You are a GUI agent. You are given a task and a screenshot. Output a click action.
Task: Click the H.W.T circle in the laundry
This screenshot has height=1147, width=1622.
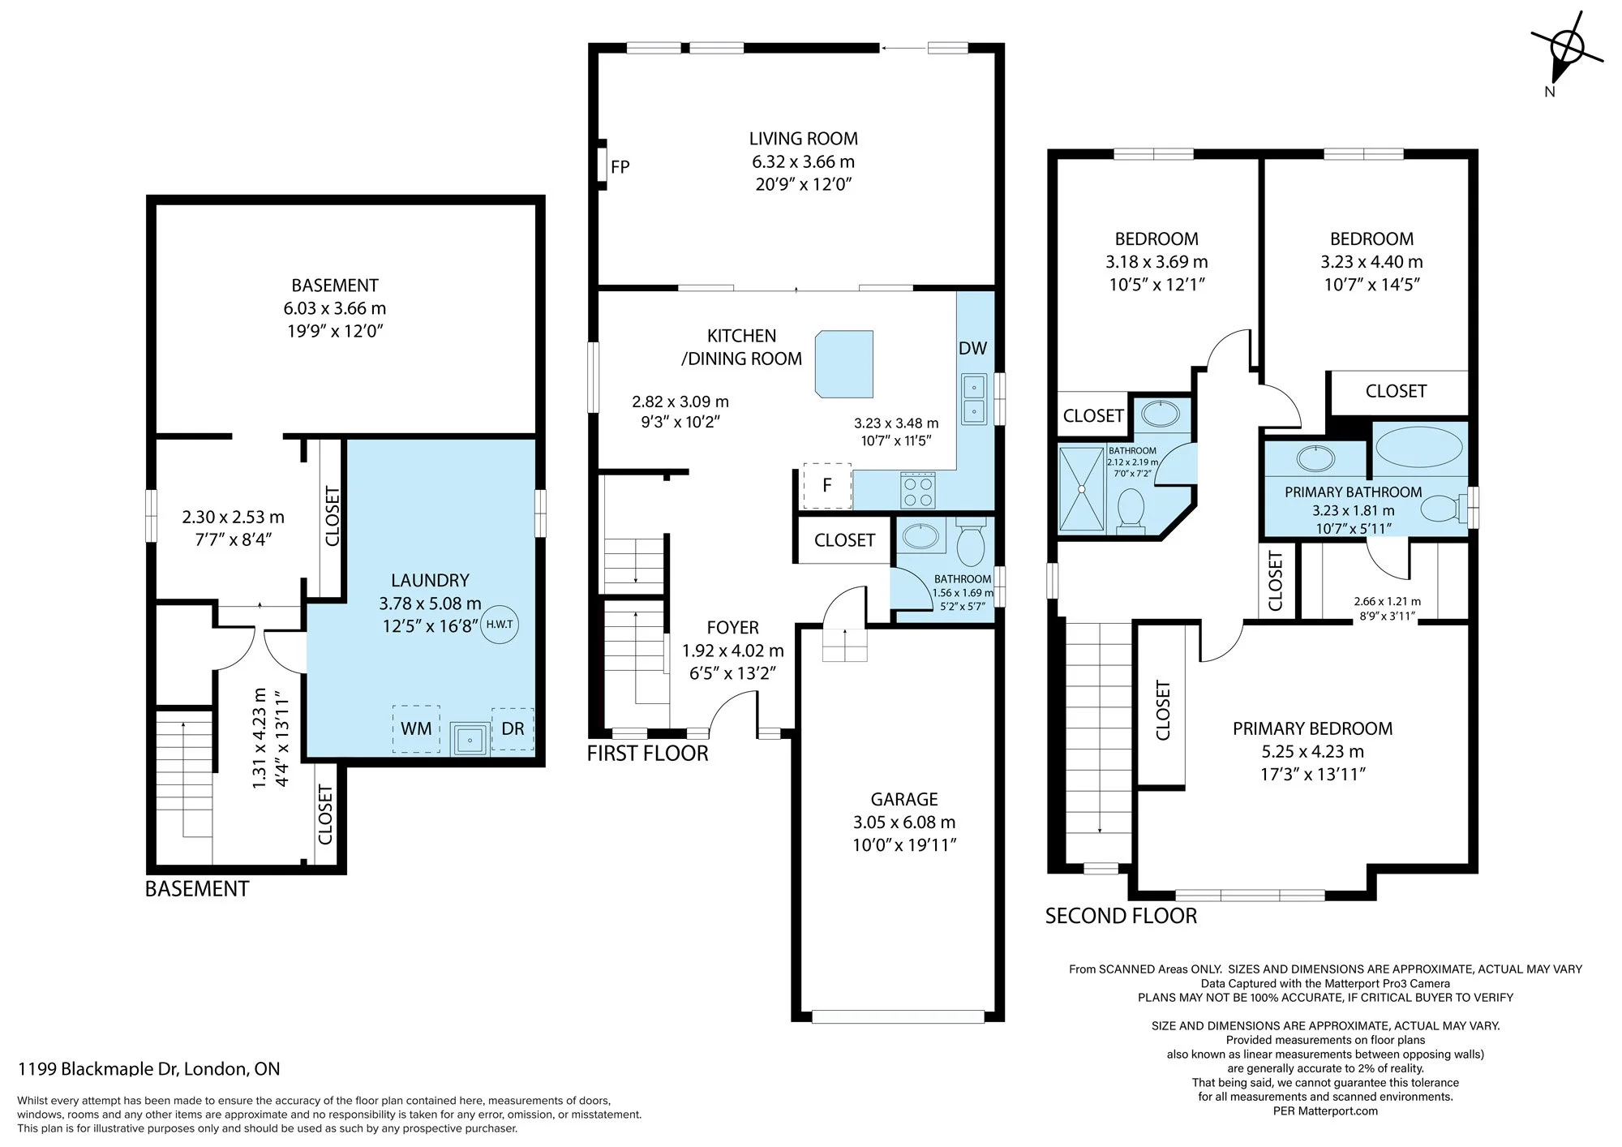500,625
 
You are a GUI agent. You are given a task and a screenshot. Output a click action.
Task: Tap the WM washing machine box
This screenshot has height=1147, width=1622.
416,728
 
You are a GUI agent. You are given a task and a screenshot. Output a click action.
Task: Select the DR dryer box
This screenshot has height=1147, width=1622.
513,728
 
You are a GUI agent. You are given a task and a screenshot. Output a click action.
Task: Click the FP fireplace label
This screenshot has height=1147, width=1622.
620,167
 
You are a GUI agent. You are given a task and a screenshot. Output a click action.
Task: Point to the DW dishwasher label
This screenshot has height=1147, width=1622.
972,349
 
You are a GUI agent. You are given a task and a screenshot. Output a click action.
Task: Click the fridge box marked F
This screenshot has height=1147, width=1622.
827,485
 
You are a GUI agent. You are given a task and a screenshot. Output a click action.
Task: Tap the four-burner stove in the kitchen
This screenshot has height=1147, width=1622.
919,490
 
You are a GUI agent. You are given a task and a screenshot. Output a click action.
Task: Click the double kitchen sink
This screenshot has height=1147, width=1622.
974,398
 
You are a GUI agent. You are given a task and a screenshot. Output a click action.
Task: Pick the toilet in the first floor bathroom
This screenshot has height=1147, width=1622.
970,542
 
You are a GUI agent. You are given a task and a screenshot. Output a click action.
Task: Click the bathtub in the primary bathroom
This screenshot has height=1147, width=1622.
1419,447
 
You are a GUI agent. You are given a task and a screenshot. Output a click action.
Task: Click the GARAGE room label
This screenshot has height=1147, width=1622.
904,799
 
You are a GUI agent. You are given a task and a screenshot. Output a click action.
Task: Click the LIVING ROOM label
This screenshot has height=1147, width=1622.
804,139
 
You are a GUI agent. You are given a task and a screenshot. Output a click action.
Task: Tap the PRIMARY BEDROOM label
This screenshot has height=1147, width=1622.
1313,728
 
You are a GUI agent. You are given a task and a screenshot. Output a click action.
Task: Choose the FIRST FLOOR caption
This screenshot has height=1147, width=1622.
648,754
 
